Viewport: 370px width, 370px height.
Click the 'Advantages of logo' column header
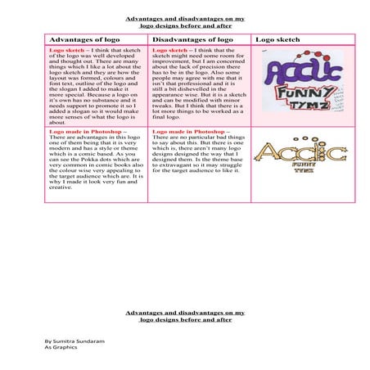[84, 39]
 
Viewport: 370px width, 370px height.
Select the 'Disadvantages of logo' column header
[192, 39]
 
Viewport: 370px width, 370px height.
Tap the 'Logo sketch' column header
[277, 39]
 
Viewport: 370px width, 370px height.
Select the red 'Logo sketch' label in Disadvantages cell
[169, 50]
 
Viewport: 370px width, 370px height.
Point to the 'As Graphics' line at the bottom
[61, 346]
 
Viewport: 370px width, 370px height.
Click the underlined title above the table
[185, 21]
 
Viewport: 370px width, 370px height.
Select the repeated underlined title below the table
[185, 316]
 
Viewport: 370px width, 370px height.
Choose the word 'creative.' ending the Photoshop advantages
[61, 187]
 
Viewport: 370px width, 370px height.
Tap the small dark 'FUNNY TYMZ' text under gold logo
[304, 167]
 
